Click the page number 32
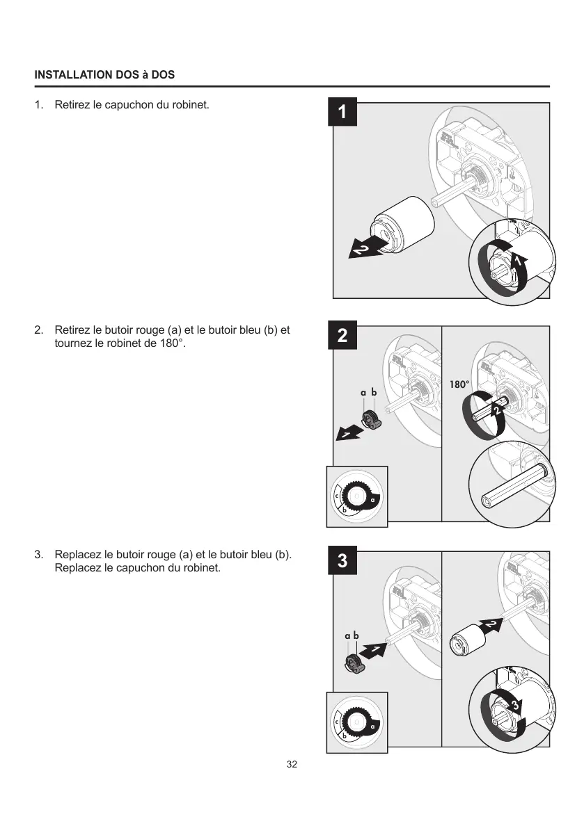click(292, 764)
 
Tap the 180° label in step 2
click(459, 384)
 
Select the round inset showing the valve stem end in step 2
click(510, 485)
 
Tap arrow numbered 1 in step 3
click(372, 651)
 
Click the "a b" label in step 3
click(352, 635)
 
